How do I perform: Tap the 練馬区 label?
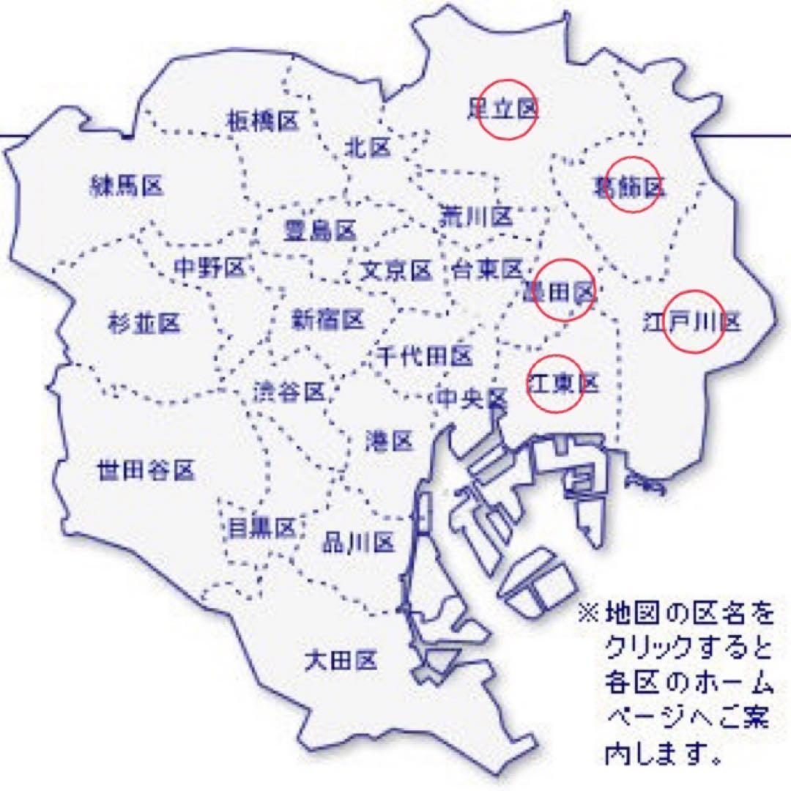click(x=126, y=186)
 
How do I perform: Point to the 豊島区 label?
click(x=319, y=231)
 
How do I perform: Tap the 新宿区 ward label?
click(x=328, y=319)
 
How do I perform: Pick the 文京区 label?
click(x=395, y=271)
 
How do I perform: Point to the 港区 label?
click(x=390, y=441)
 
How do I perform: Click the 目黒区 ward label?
click(x=261, y=527)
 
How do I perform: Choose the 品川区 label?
click(x=359, y=542)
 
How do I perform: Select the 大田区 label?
click(x=341, y=661)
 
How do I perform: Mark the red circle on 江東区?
click(x=556, y=384)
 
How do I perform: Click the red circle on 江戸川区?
click(x=693, y=322)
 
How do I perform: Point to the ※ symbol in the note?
click(x=588, y=612)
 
